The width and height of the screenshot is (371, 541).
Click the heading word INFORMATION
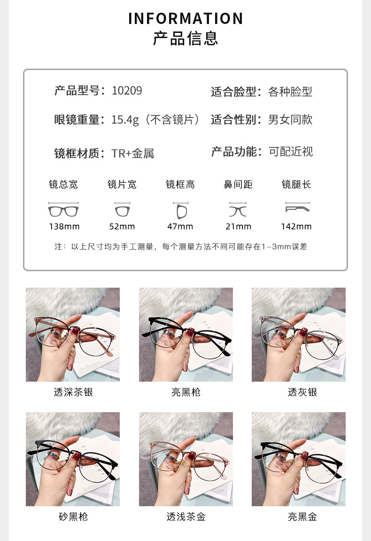pos(185,18)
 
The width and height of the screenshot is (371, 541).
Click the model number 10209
pos(127,91)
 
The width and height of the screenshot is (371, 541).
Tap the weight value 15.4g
pos(125,120)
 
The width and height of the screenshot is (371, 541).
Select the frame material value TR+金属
pos(133,153)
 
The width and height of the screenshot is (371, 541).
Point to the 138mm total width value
pos(64,227)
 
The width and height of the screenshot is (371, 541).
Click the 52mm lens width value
pos(122,227)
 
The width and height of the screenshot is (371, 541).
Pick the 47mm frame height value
pos(180,227)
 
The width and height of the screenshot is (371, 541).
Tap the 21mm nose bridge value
pos(238,227)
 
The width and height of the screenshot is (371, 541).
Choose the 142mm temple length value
pos(296,227)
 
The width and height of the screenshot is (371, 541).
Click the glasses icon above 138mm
pos(63,210)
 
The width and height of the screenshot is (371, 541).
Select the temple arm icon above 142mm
pos(298,207)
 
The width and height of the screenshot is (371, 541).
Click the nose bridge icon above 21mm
pos(238,210)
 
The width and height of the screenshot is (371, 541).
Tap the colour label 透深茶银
pos(73,392)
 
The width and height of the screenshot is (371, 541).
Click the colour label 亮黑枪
pos(186,392)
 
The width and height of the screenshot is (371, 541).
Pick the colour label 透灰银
pos(302,392)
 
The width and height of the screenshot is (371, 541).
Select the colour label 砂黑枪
pos(73,517)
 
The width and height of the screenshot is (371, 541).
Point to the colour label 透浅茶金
pos(186,517)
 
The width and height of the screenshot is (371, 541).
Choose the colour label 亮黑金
pos(302,517)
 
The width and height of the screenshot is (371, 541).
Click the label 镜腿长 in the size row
pos(296,185)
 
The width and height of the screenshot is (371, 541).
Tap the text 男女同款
pos(290,120)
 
